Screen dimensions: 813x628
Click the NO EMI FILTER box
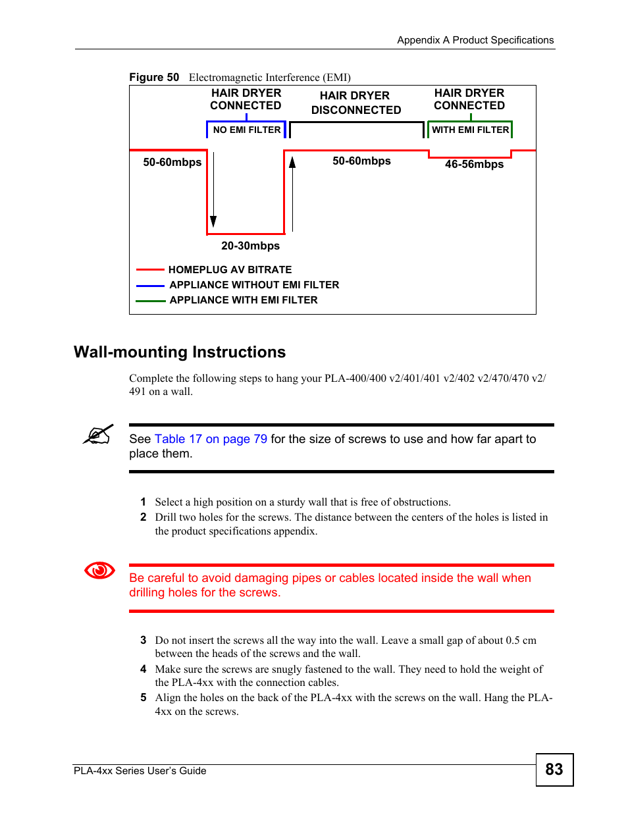[246, 130]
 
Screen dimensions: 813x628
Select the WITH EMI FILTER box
[470, 130]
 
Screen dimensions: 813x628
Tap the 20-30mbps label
[250, 246]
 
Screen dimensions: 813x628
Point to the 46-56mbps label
[474, 165]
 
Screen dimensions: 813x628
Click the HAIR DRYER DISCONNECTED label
[355, 103]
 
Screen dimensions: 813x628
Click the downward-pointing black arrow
[213, 191]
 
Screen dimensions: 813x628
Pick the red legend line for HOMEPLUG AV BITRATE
[150, 270]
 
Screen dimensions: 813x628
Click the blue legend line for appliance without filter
[150, 286]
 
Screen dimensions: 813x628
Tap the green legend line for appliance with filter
[150, 301]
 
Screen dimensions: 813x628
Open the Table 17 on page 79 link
[211, 439]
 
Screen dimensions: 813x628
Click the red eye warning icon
[99, 570]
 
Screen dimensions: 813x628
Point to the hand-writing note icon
[99, 434]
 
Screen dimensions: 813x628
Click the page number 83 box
[554, 770]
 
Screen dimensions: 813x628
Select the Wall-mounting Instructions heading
[180, 352]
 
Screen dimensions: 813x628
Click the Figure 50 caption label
[154, 78]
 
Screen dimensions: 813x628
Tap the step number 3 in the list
[143, 640]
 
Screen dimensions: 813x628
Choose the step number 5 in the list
[143, 698]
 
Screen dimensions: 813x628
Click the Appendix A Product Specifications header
[475, 40]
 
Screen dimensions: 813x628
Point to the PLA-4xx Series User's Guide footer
[140, 771]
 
